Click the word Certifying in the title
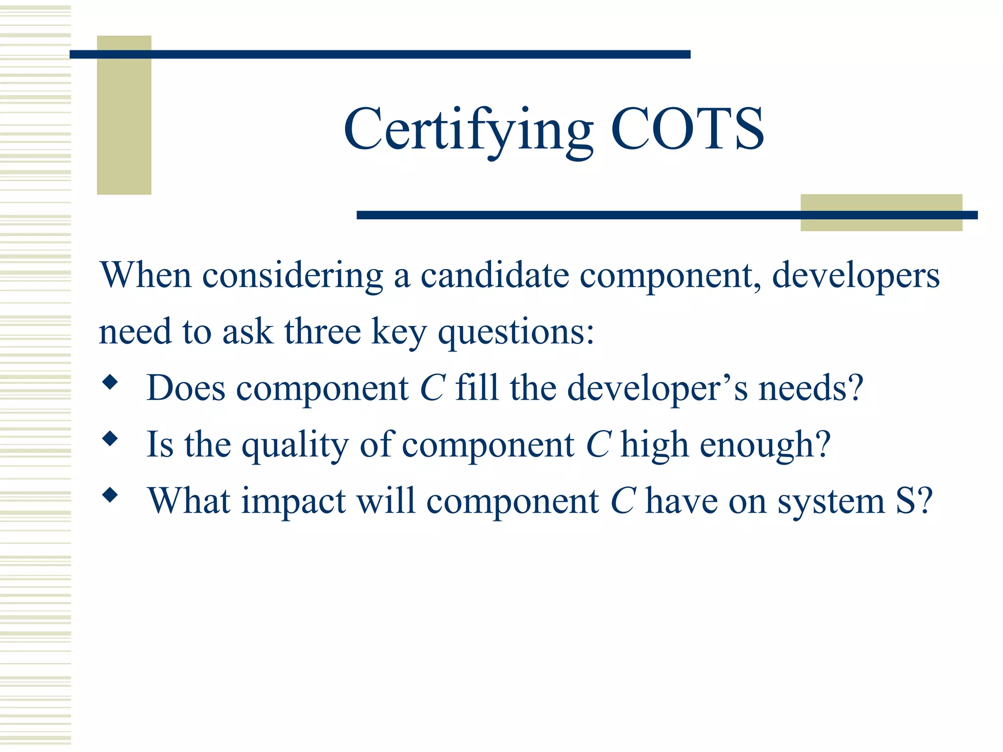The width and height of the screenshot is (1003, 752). pyautogui.click(x=468, y=130)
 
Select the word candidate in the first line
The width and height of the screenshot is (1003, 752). pyautogui.click(x=495, y=275)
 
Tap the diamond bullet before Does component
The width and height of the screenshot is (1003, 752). pyautogui.click(x=110, y=382)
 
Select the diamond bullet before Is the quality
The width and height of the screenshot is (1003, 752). pyautogui.click(x=110, y=439)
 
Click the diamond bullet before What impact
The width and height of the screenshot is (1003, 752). pyautogui.click(x=110, y=495)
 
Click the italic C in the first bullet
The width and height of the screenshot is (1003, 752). pyautogui.click(x=432, y=388)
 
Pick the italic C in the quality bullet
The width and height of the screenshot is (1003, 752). pyautogui.click(x=598, y=445)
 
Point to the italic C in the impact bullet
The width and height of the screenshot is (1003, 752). pyautogui.click(x=623, y=501)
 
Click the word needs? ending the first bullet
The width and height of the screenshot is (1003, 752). pyautogui.click(x=811, y=388)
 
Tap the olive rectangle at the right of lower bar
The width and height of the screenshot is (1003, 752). pyautogui.click(x=881, y=212)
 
